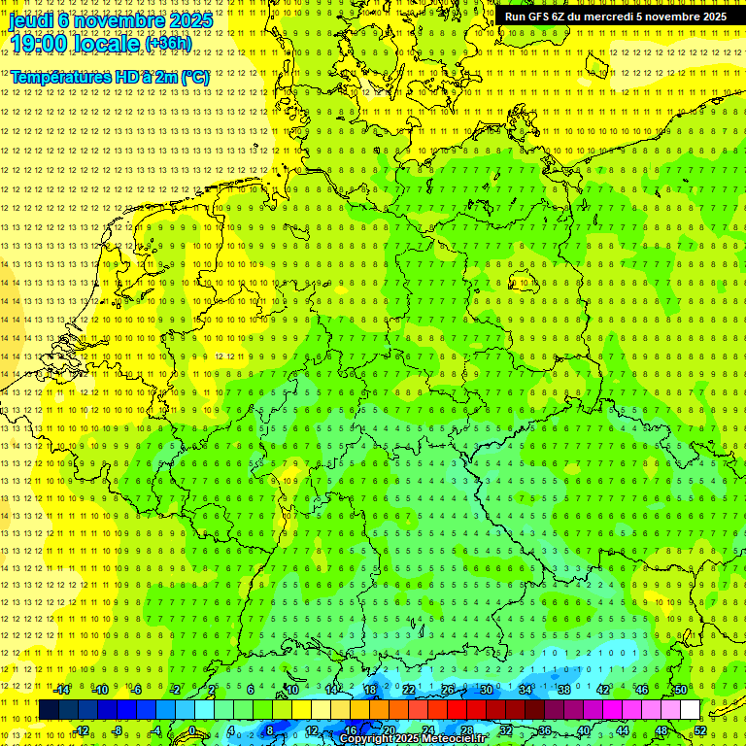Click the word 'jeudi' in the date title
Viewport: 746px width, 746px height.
pyautogui.click(x=31, y=19)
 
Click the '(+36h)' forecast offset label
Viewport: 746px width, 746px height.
pyautogui.click(x=168, y=44)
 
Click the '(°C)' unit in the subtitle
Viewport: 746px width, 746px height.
pyautogui.click(x=194, y=77)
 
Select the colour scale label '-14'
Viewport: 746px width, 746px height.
pyautogui.click(x=62, y=690)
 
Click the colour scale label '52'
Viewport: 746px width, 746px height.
pyautogui.click(x=700, y=730)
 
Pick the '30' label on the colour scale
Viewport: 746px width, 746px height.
pyautogui.click(x=486, y=690)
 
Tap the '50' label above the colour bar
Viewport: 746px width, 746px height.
pyautogui.click(x=681, y=690)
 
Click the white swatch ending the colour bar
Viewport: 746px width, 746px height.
pyautogui.click(x=690, y=709)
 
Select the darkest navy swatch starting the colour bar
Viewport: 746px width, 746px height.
pyautogui.click(x=49, y=709)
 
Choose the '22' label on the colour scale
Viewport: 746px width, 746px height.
pyautogui.click(x=409, y=690)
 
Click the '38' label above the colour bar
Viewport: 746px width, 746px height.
pyautogui.click(x=563, y=690)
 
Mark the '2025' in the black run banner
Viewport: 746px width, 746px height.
pyautogui.click(x=712, y=17)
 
